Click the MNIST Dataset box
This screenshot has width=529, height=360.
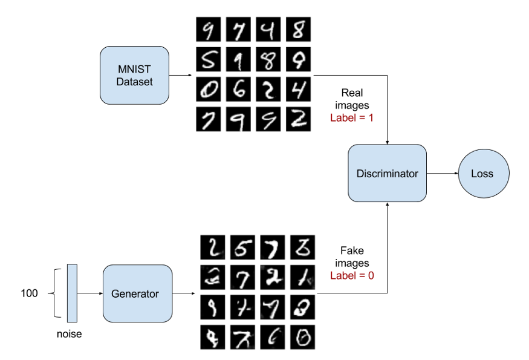point(134,75)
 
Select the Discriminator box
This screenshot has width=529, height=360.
point(388,173)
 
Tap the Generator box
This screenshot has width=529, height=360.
point(138,293)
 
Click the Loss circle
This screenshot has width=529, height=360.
point(484,174)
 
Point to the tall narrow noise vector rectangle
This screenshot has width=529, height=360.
point(72,293)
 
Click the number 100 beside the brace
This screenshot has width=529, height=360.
point(29,293)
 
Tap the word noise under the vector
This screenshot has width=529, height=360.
point(69,334)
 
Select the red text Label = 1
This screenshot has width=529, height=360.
point(352,117)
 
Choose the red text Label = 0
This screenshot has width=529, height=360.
point(352,275)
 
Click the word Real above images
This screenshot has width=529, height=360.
point(352,93)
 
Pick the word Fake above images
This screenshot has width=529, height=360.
point(352,250)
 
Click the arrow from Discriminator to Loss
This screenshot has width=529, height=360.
point(443,173)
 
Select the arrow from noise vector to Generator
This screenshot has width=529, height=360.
point(90,293)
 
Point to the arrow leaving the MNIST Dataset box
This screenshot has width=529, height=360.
point(180,75)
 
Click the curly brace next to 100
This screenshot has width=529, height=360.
point(54,293)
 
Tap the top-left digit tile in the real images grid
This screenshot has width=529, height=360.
point(209,30)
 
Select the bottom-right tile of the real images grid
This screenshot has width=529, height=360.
point(298,119)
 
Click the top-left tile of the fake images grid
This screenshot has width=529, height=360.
point(213,247)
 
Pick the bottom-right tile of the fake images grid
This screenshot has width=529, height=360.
point(303,337)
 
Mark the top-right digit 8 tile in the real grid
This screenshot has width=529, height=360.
point(298,30)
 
